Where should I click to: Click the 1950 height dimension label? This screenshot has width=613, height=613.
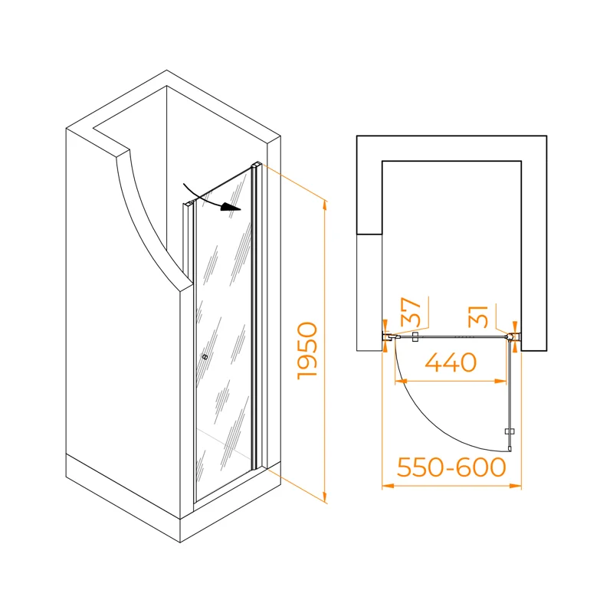pyautogui.click(x=307, y=351)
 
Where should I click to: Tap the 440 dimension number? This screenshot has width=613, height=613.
pyautogui.click(x=451, y=362)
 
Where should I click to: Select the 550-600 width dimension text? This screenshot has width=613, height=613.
pyautogui.click(x=451, y=467)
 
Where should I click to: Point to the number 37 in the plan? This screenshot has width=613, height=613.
pyautogui.click(x=411, y=312)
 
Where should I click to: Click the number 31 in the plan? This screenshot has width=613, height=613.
pyautogui.click(x=478, y=316)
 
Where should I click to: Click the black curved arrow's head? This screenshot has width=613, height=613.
pyautogui.click(x=231, y=207)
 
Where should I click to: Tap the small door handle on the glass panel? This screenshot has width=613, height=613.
pyautogui.click(x=205, y=356)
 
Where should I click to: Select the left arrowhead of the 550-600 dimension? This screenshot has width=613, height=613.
pyautogui.click(x=388, y=486)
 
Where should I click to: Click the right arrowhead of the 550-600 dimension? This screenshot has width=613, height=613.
pyautogui.click(x=516, y=486)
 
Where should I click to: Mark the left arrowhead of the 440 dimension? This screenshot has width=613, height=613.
pyautogui.click(x=401, y=381)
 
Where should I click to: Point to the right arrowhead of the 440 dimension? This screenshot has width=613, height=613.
pyautogui.click(x=501, y=381)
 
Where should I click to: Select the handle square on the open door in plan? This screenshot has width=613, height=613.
pyautogui.click(x=510, y=431)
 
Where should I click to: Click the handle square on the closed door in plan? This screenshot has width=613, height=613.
pyautogui.click(x=415, y=336)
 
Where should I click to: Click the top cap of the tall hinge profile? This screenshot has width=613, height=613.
pyautogui.click(x=257, y=165)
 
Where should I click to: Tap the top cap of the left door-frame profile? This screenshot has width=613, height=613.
pyautogui.click(x=188, y=203)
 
